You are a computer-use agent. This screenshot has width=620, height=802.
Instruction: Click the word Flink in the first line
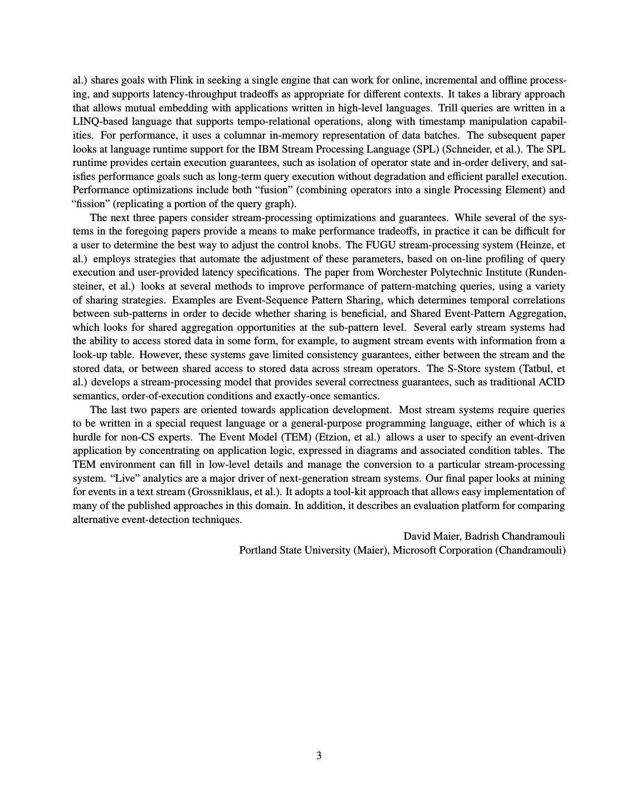(180, 80)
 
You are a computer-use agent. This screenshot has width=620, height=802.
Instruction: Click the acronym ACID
(551, 382)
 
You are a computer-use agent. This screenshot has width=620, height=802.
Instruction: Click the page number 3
(319, 756)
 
